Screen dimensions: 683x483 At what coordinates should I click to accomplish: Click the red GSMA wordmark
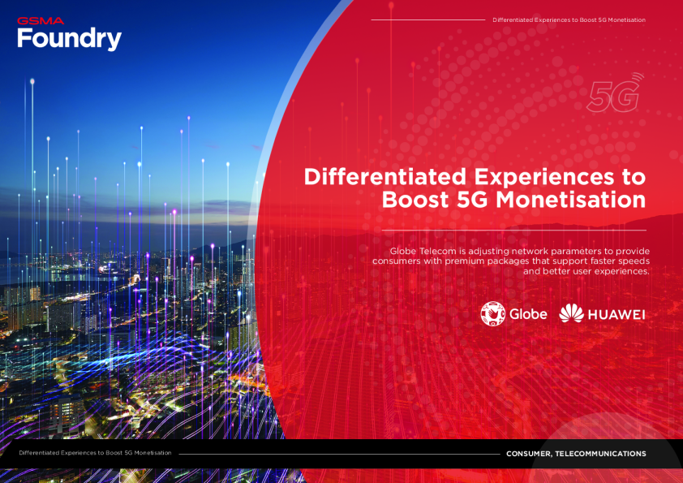[x=41, y=21]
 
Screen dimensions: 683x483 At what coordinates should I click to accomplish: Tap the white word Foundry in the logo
[x=69, y=39]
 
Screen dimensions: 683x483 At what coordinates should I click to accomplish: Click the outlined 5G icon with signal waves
[x=615, y=93]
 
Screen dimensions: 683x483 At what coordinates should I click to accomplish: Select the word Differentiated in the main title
[x=385, y=177]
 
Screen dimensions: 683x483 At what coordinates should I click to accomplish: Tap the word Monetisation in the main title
[x=570, y=200]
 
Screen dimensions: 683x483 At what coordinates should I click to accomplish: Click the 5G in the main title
[x=472, y=200]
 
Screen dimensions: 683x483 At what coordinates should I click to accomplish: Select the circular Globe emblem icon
[x=492, y=314]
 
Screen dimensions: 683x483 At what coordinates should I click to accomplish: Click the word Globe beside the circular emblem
[x=528, y=314]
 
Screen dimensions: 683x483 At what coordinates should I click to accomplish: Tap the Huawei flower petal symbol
[x=571, y=313]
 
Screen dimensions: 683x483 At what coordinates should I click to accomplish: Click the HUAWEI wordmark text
[x=616, y=315]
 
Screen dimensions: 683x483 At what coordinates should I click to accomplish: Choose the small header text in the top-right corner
[x=569, y=20]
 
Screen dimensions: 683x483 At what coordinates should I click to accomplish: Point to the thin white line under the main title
[x=514, y=231]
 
